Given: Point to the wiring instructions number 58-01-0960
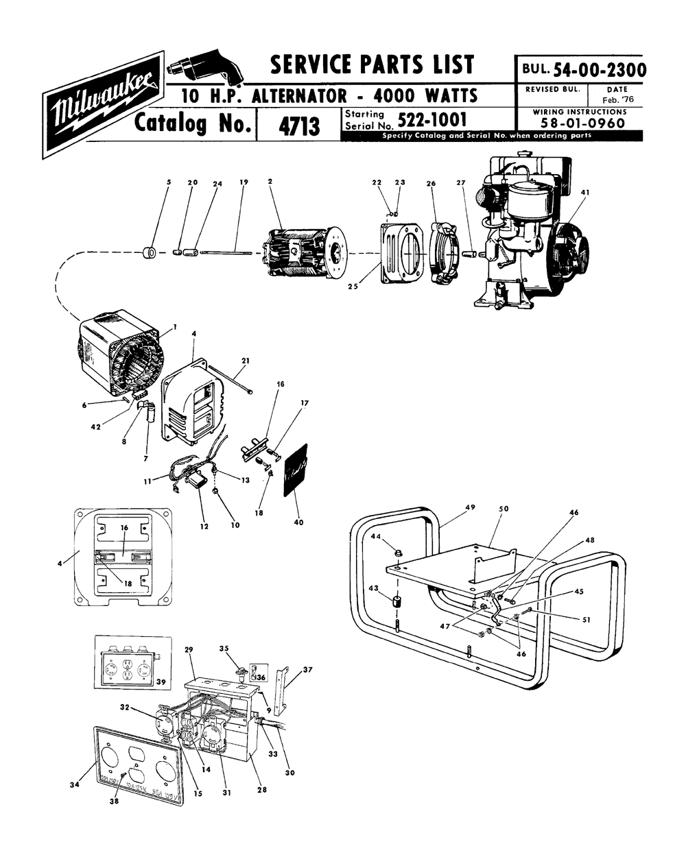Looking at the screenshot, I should [x=579, y=123].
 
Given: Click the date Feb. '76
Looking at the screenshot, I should [x=615, y=100].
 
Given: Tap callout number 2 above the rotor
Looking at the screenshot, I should [x=271, y=182].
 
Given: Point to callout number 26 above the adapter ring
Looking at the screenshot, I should [x=431, y=183].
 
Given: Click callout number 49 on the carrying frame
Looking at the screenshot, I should [x=469, y=507].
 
